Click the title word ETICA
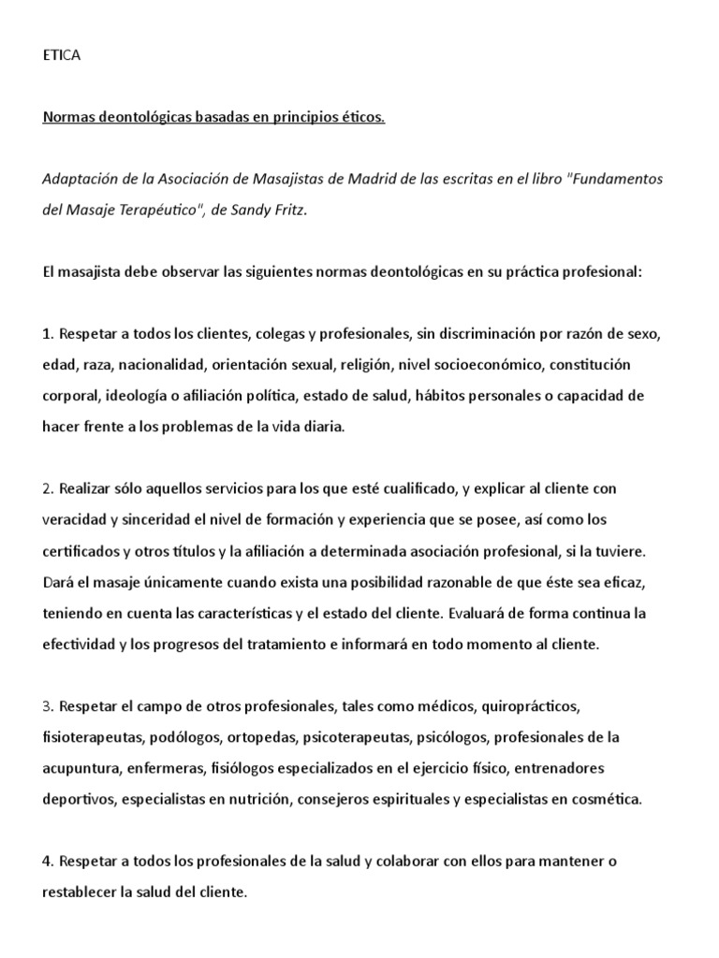pos(62,55)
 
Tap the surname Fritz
pos(286,210)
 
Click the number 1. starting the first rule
pos(49,334)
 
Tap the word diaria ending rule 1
pos(323,427)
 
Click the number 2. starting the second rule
pos(49,488)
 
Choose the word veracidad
pos(75,519)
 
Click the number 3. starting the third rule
pos(49,705)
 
